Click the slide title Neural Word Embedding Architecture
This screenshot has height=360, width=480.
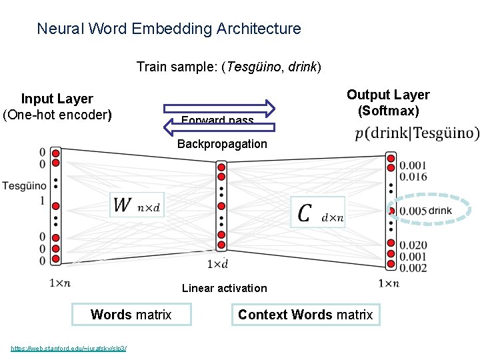click(x=169, y=29)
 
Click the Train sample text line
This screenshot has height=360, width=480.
click(x=229, y=67)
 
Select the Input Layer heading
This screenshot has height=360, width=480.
click(x=57, y=99)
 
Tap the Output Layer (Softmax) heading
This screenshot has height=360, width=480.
click(x=388, y=103)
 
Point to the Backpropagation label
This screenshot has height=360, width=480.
click(x=222, y=144)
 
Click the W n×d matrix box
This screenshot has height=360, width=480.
click(x=137, y=205)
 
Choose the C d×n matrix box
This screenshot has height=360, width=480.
click(x=318, y=212)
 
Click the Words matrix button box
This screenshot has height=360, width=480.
click(x=131, y=315)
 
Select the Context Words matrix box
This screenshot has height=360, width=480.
click(x=305, y=315)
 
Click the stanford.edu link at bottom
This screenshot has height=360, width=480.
click(x=69, y=348)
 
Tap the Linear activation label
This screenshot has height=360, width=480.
click(x=224, y=288)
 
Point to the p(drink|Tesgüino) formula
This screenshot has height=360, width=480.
click(x=417, y=133)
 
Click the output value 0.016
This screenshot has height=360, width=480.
click(x=413, y=177)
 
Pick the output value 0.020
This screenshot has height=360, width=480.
click(x=413, y=245)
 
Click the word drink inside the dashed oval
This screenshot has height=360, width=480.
click(x=440, y=211)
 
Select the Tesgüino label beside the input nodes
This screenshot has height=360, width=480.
click(x=24, y=185)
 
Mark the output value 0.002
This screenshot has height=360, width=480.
click(x=413, y=268)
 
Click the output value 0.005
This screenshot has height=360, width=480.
click(x=413, y=211)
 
